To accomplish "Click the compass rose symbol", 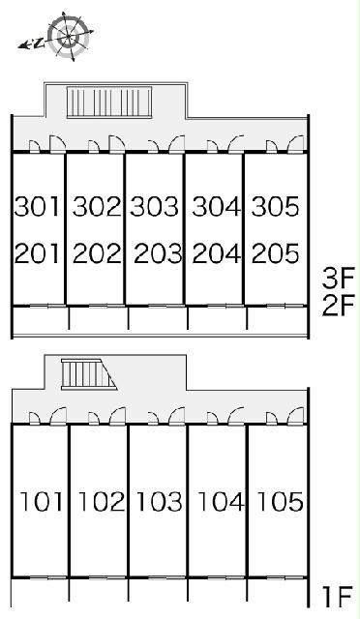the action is click(68, 37).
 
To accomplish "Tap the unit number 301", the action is click(37, 206).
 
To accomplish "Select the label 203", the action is click(158, 253).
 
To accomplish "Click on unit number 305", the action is click(275, 206).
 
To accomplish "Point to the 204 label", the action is click(217, 253).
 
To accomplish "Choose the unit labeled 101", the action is click(41, 501).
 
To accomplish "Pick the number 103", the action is click(160, 501).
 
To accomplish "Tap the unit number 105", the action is click(280, 501).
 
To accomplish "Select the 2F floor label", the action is click(339, 306).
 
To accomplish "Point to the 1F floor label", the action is click(337, 597).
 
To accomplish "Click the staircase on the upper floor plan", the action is click(109, 102).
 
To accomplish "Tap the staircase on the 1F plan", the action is click(88, 374).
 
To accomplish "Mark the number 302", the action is click(97, 206).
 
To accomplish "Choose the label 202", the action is click(97, 253).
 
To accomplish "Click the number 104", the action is click(221, 501).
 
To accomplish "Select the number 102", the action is click(102, 501).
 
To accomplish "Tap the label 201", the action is click(37, 253).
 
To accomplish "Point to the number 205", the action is click(275, 253).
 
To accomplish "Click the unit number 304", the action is click(217, 206).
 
